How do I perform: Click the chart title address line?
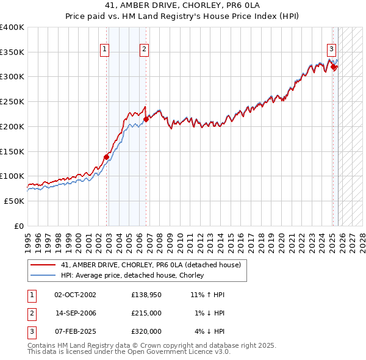(x=182, y=7)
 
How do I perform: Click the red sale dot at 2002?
(x=106, y=157)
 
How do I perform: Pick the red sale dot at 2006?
(x=146, y=120)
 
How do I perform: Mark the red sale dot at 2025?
(x=334, y=67)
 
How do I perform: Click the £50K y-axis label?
(x=14, y=201)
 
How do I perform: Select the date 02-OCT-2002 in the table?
(x=75, y=295)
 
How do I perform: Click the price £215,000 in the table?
(x=146, y=313)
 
